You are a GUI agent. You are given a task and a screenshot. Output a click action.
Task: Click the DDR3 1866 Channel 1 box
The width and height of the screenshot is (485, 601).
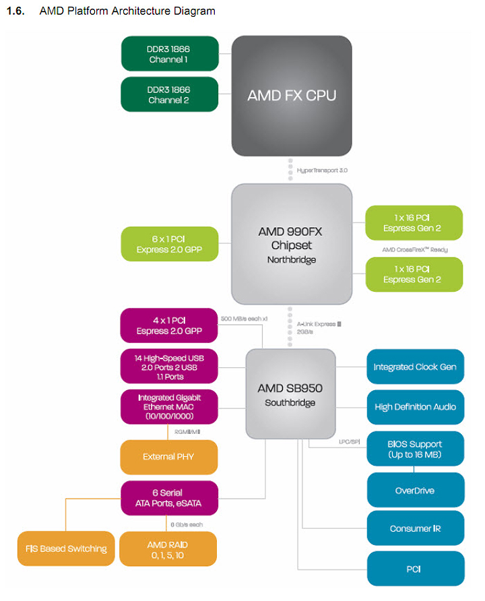click(x=170, y=54)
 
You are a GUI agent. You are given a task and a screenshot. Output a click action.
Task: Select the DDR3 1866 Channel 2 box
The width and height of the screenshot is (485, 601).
click(x=170, y=94)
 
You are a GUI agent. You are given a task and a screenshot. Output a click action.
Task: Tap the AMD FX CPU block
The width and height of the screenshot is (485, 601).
click(x=292, y=95)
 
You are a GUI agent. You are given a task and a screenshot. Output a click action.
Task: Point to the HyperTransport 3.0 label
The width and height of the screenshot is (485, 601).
click(x=322, y=170)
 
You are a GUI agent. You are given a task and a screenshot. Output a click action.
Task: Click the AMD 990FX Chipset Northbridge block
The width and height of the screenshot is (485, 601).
click(x=292, y=244)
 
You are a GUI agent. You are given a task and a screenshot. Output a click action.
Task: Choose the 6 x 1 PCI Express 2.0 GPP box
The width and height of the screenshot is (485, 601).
click(x=170, y=244)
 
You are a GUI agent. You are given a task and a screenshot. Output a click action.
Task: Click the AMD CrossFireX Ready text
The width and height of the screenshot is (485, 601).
click(x=415, y=250)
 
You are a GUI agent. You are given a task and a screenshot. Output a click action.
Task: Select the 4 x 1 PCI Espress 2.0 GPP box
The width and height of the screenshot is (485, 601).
click(x=169, y=325)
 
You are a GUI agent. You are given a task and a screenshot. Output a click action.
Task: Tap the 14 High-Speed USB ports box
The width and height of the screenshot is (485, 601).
click(x=169, y=367)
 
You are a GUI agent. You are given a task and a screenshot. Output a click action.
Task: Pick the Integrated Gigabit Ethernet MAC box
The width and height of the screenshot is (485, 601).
click(x=169, y=407)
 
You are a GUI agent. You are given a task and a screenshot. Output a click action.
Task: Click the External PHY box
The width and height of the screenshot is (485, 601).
click(x=169, y=457)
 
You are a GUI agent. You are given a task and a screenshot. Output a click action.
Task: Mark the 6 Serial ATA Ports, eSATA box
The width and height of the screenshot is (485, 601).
click(x=169, y=498)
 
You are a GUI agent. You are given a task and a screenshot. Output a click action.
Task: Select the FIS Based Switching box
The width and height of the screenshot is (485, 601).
click(x=65, y=548)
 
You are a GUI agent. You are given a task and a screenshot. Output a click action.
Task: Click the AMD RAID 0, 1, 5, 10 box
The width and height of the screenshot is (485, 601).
click(x=169, y=548)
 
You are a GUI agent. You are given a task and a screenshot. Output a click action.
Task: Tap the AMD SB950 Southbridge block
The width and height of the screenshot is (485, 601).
click(x=290, y=394)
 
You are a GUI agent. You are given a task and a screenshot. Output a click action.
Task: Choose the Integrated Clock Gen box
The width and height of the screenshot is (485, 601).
click(x=415, y=367)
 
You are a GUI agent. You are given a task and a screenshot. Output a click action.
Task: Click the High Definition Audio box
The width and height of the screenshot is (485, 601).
click(x=415, y=407)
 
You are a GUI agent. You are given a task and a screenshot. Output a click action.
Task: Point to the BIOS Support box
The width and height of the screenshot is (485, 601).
click(x=415, y=449)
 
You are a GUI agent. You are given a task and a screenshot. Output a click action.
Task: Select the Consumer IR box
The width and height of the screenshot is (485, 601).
click(x=415, y=528)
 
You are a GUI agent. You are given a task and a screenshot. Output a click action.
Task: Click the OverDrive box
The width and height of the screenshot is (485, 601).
click(x=415, y=490)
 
